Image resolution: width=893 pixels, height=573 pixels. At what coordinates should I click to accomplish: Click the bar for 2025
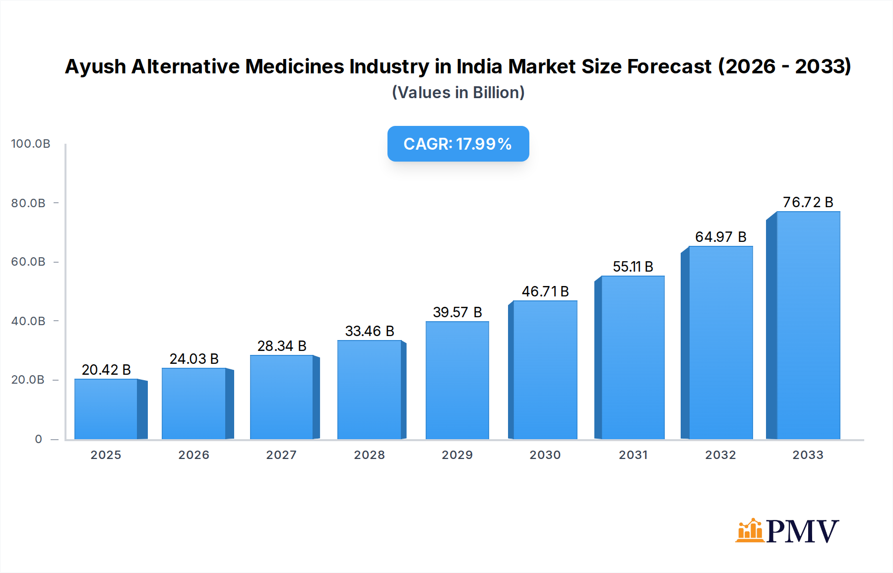click(x=106, y=409)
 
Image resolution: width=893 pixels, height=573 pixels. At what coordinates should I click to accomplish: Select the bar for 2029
click(x=457, y=380)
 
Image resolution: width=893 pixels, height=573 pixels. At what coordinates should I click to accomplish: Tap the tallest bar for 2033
click(x=808, y=325)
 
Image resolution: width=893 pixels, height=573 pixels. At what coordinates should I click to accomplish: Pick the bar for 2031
click(x=633, y=357)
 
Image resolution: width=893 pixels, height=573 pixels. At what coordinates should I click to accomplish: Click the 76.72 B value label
click(x=808, y=202)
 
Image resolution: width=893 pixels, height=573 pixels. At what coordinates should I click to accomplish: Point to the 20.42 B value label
click(x=106, y=370)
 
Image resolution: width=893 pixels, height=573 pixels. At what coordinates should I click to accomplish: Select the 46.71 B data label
click(x=545, y=291)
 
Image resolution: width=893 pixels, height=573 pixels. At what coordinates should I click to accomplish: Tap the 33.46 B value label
click(x=370, y=331)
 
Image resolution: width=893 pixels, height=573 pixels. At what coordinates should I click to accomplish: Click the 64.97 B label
click(x=720, y=237)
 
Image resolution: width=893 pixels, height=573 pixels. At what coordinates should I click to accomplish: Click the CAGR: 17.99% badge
click(x=458, y=144)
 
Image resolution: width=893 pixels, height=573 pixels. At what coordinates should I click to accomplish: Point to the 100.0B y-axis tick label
click(x=31, y=144)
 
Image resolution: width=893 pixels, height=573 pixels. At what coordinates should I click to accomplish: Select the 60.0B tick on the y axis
click(x=28, y=262)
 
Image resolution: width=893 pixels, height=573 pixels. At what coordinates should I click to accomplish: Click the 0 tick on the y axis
click(x=39, y=439)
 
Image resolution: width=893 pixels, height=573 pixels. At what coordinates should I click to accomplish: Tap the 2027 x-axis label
click(x=281, y=455)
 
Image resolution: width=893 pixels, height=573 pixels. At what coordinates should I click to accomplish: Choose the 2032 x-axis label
click(x=720, y=455)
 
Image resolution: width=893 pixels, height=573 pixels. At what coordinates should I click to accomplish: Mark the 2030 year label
click(x=545, y=455)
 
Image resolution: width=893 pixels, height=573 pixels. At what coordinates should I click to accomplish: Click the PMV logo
click(x=787, y=531)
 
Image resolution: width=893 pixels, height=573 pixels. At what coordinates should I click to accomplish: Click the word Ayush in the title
click(x=95, y=66)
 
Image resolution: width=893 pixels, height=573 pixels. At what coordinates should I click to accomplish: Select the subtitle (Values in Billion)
click(x=458, y=93)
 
